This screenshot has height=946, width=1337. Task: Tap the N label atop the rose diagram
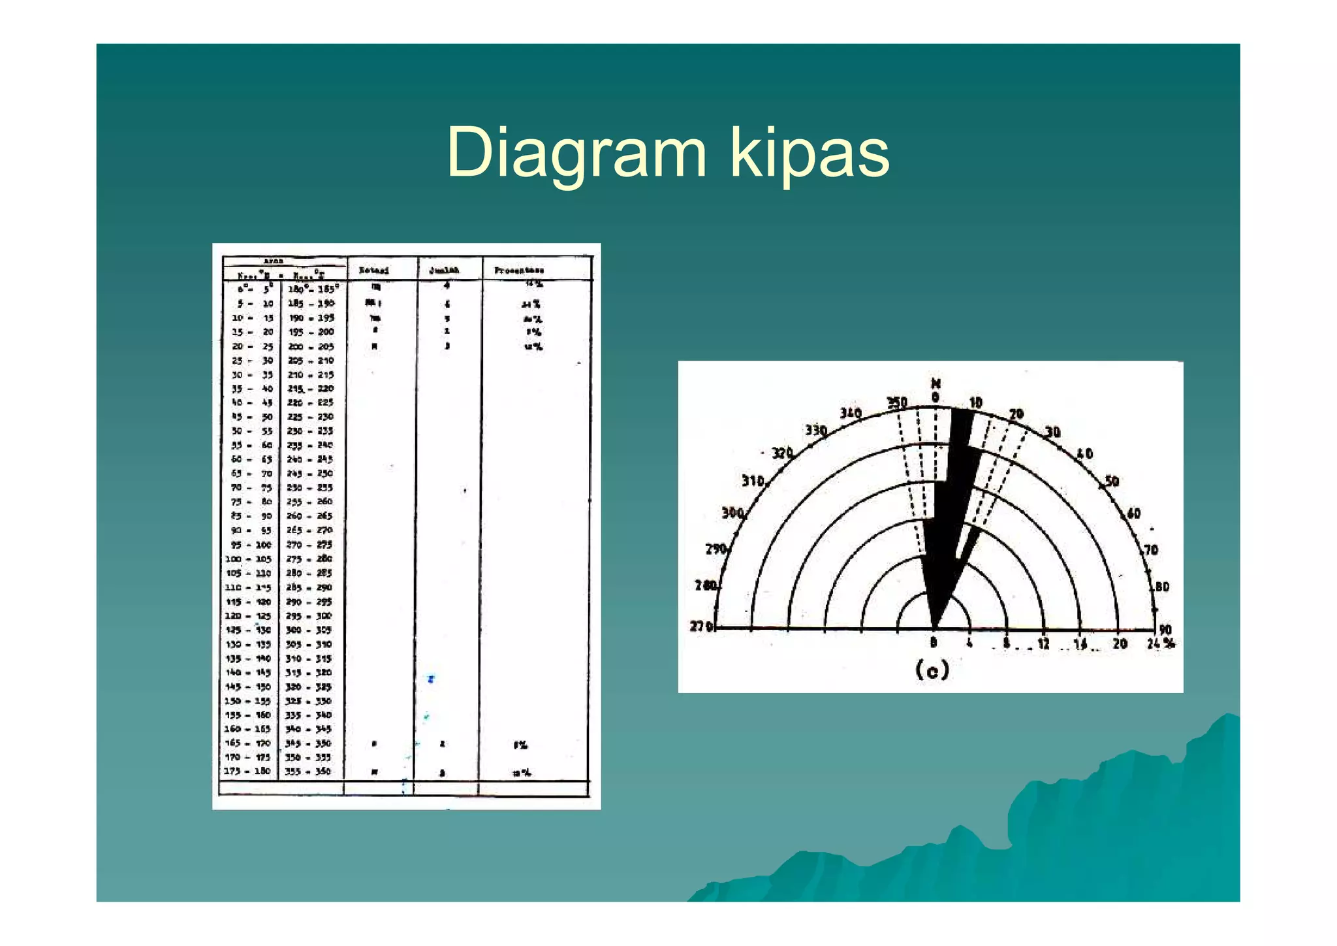click(x=936, y=383)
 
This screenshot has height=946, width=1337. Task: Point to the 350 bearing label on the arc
click(x=896, y=402)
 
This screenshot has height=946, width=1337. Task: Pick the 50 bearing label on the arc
click(x=1112, y=481)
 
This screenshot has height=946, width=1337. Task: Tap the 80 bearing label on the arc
click(x=1161, y=586)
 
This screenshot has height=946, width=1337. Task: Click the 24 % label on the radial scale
click(x=1161, y=644)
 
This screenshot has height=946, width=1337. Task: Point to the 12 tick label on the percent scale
click(x=1043, y=644)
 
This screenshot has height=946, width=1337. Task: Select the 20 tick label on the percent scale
click(x=1120, y=644)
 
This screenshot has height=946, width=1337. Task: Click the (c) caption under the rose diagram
click(x=932, y=670)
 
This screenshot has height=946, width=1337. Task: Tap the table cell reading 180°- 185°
click(x=313, y=288)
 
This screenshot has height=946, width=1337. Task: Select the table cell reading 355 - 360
click(x=308, y=772)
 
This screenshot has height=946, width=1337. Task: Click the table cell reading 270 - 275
click(x=309, y=544)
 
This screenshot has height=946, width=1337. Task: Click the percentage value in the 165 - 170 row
click(x=520, y=745)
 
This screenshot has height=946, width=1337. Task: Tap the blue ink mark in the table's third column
click(x=431, y=679)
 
